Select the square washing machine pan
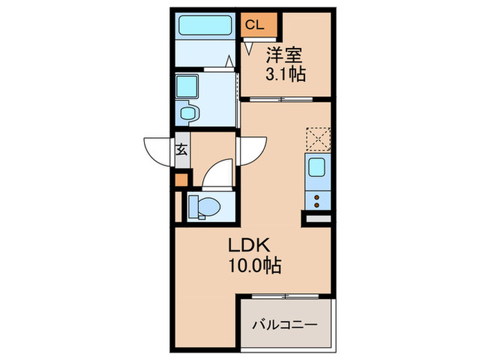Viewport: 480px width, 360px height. pos(186,86)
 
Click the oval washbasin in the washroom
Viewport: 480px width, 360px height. pos(187,112)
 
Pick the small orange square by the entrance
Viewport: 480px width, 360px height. pos(180,180)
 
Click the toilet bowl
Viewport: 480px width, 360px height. pos(204,205)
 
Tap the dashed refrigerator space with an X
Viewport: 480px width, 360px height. pos(317,139)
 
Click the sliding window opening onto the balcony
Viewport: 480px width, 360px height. pos(286,296)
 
